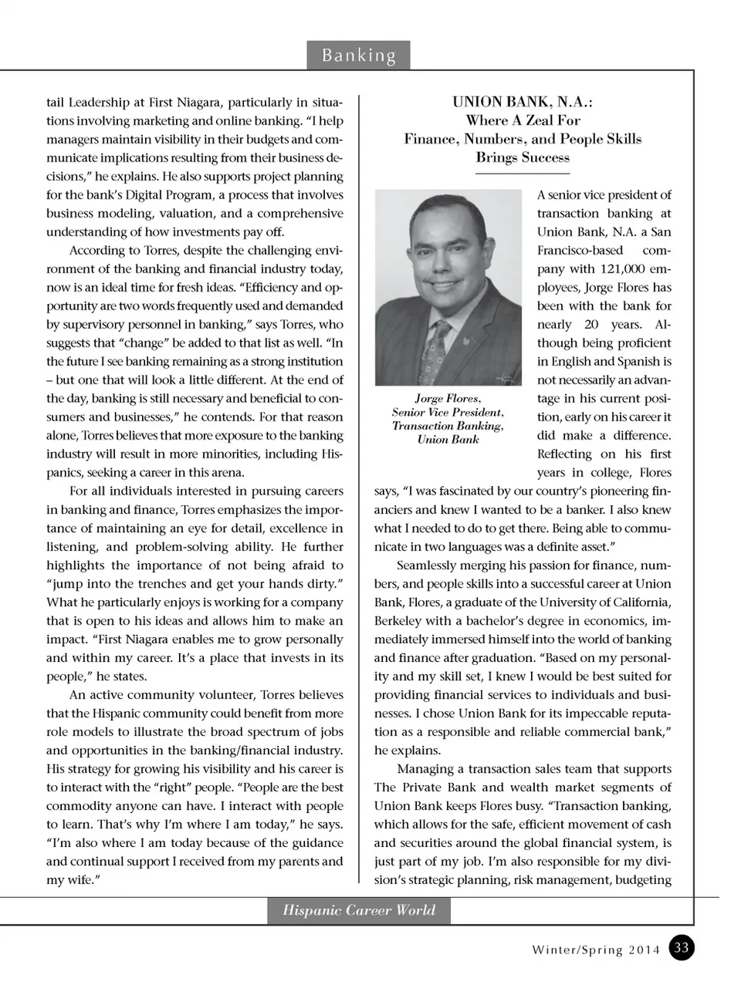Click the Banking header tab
point(358,56)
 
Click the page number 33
point(681,948)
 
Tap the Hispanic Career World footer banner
point(359,910)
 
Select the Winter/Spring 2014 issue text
point(596,950)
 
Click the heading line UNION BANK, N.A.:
point(523,102)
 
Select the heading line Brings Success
point(523,157)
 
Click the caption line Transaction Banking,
point(448,426)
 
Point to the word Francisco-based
point(580,251)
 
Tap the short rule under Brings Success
point(523,174)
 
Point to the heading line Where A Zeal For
point(523,120)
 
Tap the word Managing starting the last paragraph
point(427,769)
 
